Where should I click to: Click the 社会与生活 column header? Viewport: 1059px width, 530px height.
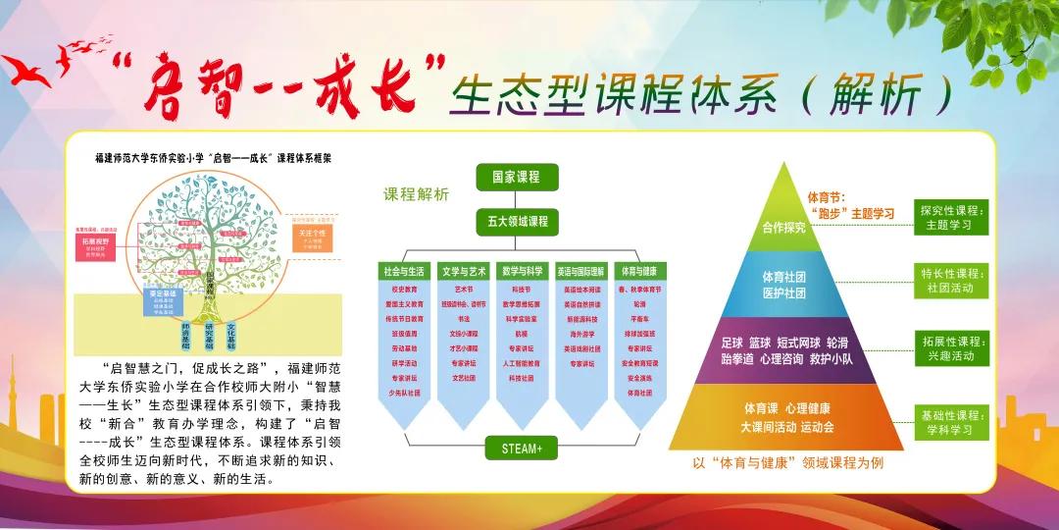point(406,271)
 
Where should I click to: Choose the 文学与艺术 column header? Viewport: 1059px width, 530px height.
point(464,271)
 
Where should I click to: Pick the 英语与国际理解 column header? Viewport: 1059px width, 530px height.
point(580,271)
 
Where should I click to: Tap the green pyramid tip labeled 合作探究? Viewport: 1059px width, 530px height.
point(783,222)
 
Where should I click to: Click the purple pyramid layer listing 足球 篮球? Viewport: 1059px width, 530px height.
point(783,351)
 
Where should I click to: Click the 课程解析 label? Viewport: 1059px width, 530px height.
point(416,194)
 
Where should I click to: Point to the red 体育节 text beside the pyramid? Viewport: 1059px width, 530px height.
point(826,197)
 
